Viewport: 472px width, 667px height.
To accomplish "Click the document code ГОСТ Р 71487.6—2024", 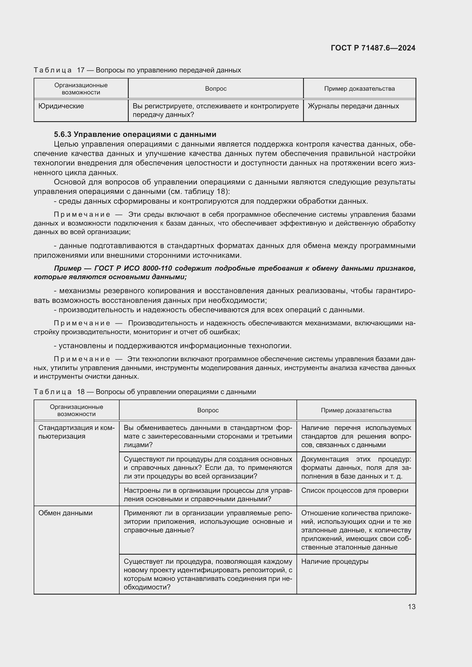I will pos(373,48).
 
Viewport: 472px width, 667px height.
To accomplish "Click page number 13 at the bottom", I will pos(412,607).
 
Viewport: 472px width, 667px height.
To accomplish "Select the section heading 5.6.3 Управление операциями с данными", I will pos(135,134).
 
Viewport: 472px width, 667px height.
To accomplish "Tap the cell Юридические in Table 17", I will pos(61,106).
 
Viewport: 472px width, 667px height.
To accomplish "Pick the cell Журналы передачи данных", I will pos(353,106).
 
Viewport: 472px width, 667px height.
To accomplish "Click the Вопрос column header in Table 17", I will pos(216,89).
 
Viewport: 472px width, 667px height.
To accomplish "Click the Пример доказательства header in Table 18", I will pos(356,410).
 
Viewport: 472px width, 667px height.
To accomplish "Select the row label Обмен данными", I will pos(65,513).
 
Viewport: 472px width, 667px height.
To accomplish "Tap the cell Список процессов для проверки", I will pos(355,490).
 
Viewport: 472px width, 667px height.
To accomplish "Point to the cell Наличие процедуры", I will pos(334,561).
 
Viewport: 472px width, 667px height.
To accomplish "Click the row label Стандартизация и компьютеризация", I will pos(76,432).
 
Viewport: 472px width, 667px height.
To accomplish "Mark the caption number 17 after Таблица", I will pos(80,70).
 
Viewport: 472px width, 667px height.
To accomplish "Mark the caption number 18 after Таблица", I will pos(80,392).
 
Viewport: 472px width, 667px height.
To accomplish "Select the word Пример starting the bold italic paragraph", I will pos(68,268).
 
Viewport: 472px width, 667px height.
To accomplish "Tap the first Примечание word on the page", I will pos(82,214).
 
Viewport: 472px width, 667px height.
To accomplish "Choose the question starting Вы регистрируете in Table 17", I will pos(216,110).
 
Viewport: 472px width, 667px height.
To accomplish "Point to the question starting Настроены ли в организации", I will pos(208,494).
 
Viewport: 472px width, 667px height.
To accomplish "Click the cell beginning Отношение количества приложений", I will pos(356,530).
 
